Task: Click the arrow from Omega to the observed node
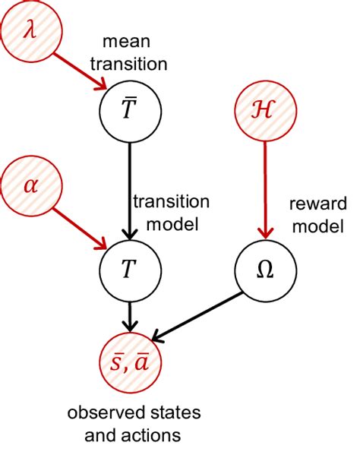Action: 199,315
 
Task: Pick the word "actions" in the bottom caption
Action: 152,435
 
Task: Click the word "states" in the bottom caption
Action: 160,414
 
